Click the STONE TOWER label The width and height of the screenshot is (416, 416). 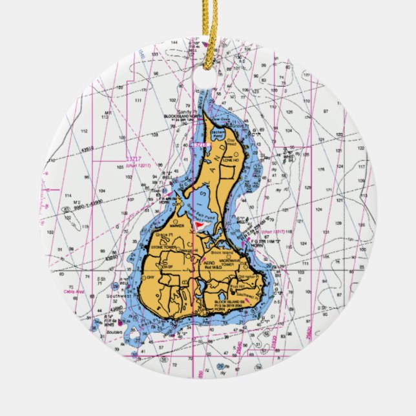tap(164, 247)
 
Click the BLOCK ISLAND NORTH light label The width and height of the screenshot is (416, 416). tap(185, 117)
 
